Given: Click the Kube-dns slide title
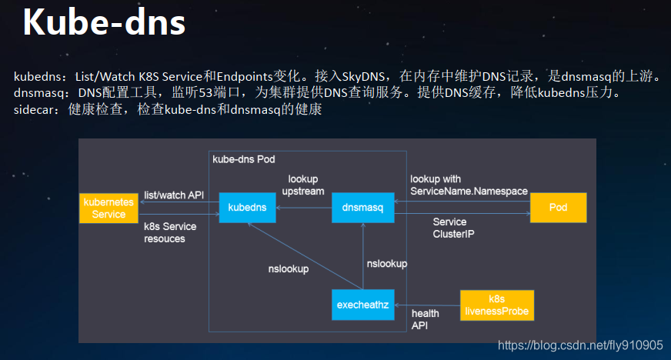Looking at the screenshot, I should click(x=103, y=22).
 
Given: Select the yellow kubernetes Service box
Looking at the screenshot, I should click(x=108, y=208).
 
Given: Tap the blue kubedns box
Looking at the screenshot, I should click(x=248, y=208).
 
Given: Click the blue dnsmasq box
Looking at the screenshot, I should click(x=362, y=208).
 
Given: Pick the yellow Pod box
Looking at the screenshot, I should click(x=558, y=208).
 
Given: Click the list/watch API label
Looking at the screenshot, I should click(x=174, y=195).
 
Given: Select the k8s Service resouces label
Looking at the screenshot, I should click(x=170, y=232).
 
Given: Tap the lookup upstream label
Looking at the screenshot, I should click(x=302, y=185).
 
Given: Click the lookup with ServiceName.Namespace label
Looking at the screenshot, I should click(x=457, y=185).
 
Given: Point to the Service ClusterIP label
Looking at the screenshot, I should click(x=453, y=227).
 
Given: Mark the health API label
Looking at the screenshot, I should click(x=425, y=319).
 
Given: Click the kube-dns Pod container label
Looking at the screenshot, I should click(x=242, y=158).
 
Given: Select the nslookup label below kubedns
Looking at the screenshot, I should click(x=289, y=269).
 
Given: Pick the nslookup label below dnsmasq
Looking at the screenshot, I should click(x=386, y=263).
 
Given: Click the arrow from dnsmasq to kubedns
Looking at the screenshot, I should click(x=304, y=208).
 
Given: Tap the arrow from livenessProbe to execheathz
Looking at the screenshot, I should click(x=426, y=305).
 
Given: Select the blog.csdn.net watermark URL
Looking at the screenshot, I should click(x=580, y=345).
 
